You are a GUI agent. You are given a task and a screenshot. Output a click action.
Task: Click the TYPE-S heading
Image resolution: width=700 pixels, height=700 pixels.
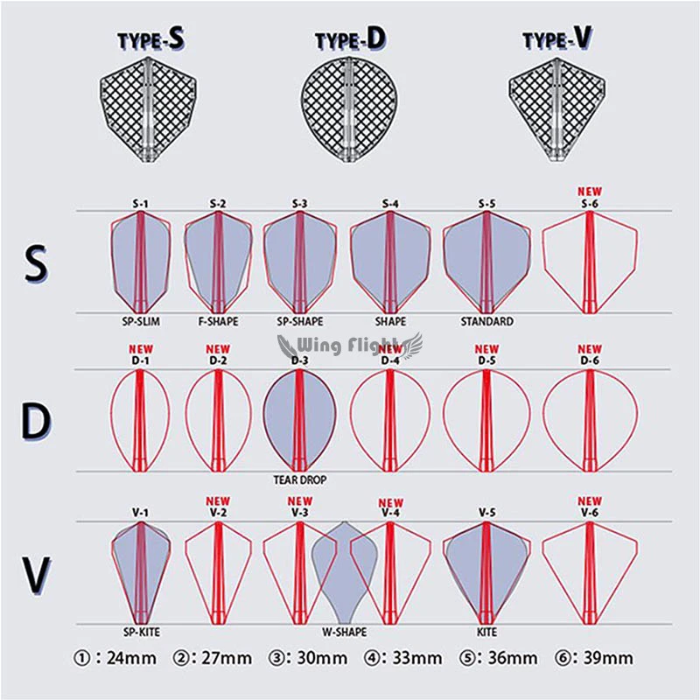(150, 38)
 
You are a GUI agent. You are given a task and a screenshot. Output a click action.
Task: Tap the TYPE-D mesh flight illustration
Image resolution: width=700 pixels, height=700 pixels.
(349, 109)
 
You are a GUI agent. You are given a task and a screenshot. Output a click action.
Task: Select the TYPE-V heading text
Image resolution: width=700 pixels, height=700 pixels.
(557, 38)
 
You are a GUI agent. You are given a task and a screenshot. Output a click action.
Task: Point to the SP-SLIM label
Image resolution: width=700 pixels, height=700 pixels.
(141, 321)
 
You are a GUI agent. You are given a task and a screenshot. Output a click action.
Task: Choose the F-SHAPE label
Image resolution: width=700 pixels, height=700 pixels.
(218, 321)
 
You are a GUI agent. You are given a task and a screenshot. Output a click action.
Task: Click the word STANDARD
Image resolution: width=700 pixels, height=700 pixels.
(487, 321)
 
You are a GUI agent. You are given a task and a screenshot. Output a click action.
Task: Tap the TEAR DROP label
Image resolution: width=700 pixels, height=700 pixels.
(300, 479)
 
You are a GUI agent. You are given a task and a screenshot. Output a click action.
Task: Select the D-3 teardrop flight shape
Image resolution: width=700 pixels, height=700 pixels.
(299, 421)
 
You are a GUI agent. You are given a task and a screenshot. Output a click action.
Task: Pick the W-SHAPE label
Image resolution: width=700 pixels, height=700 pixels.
(344, 632)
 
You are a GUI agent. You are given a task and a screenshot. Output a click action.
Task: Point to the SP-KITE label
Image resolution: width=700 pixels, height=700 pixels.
(141, 632)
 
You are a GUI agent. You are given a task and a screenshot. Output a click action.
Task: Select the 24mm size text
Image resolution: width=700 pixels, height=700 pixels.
(132, 658)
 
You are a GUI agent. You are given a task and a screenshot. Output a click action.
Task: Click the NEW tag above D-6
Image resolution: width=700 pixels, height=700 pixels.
(590, 348)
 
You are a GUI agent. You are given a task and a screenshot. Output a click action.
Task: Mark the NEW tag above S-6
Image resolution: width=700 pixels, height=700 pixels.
(590, 191)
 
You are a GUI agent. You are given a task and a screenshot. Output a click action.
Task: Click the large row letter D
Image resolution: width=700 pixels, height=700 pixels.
(36, 421)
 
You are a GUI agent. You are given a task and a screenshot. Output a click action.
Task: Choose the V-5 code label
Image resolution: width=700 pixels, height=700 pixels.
(487, 513)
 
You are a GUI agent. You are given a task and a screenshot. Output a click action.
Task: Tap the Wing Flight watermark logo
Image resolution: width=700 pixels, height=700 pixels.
(349, 346)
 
